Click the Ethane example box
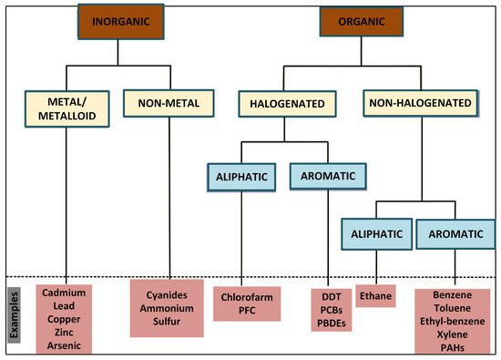coord(375,296)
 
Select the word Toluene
coord(452,310)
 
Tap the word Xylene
coord(452,335)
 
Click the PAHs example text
coord(452,348)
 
